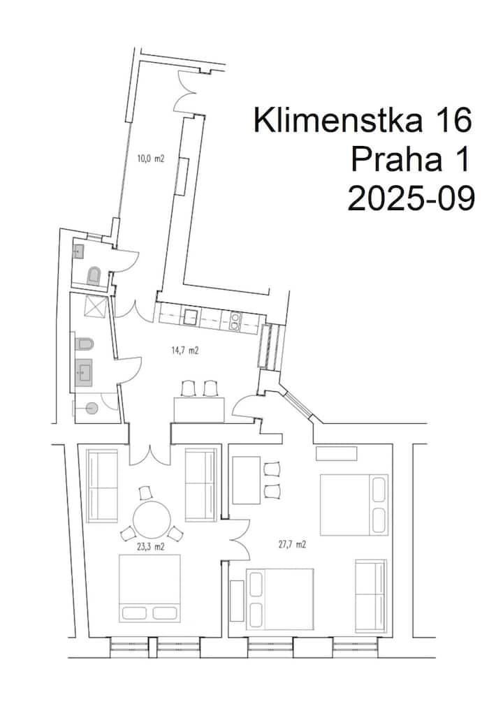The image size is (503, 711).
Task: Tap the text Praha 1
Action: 409,160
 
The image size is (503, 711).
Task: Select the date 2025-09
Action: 411,198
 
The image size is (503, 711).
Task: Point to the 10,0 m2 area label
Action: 151,159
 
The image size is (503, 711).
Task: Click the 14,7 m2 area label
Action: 185,350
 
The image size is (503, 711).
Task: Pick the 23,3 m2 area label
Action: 151,548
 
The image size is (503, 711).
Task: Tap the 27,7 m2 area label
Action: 292,545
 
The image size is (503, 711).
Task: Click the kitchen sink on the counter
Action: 189,316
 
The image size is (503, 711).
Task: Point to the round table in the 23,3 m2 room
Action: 152,519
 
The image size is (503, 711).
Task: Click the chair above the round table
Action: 146,493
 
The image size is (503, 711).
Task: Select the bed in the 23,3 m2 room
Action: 150,588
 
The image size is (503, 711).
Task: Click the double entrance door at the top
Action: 187,91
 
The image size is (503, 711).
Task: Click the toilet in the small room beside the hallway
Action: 94,276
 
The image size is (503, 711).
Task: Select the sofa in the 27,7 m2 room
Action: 371,595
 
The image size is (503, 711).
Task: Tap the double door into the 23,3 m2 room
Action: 151,455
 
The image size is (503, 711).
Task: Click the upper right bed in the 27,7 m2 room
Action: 353,505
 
